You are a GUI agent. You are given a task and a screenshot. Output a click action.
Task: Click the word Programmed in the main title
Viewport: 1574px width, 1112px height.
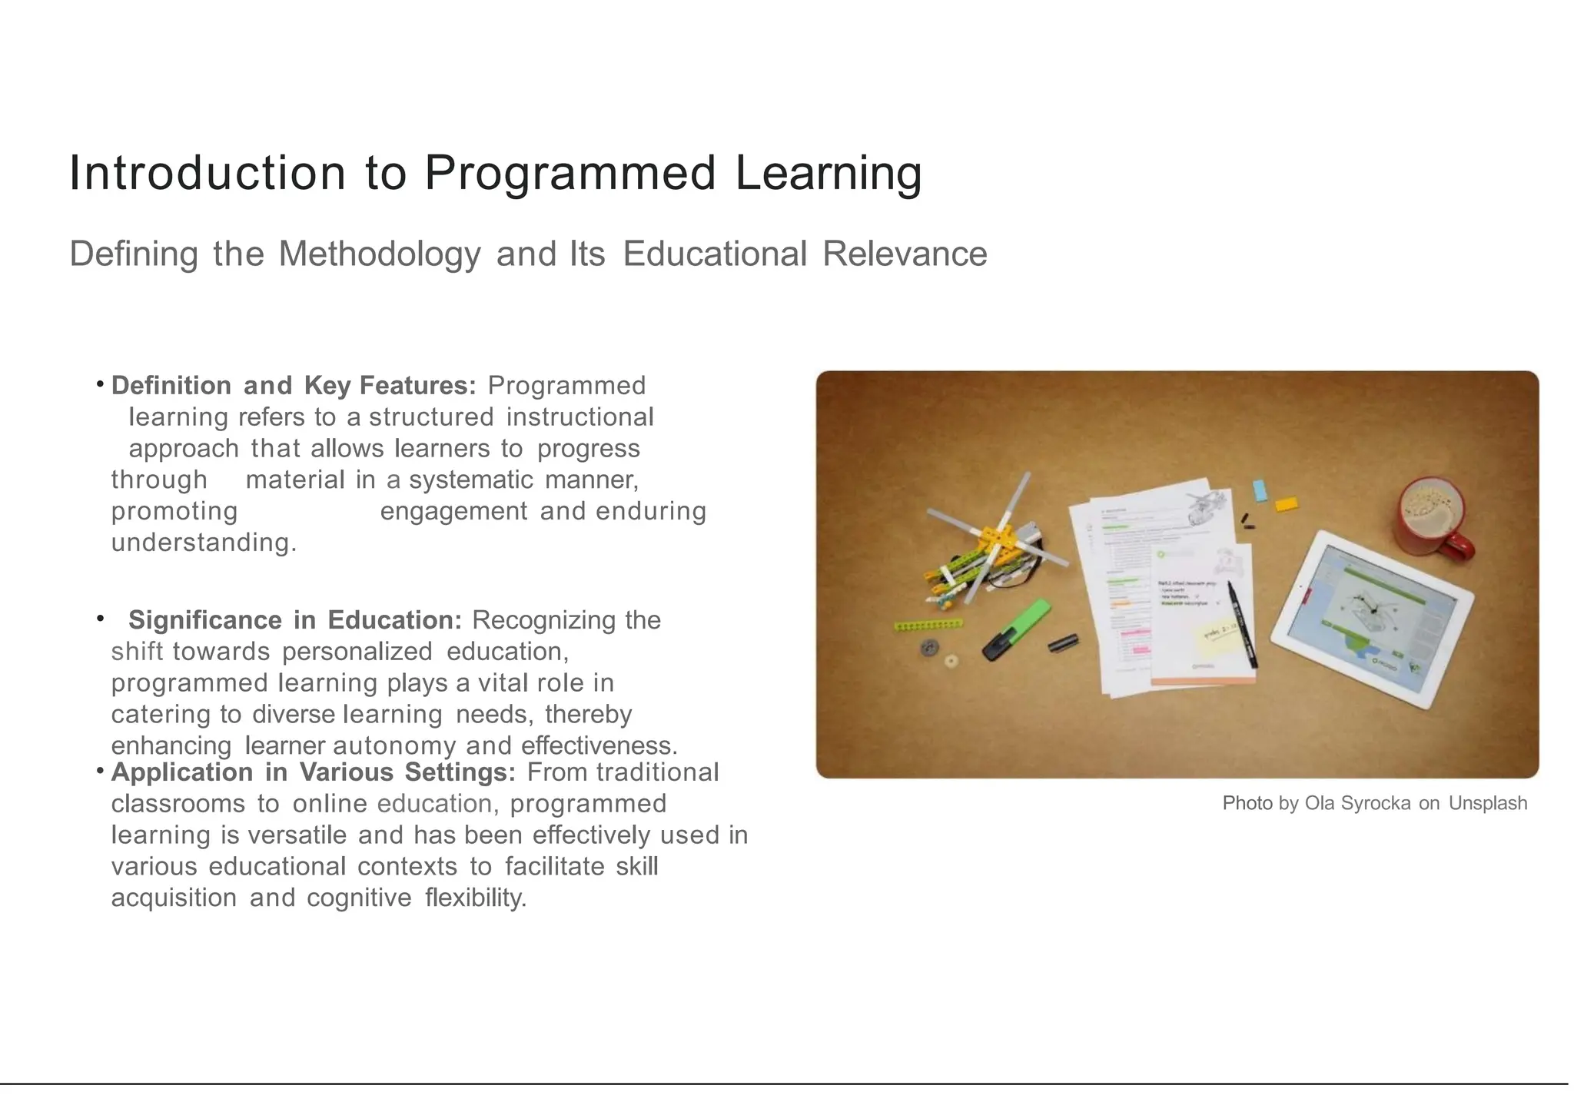[569, 173]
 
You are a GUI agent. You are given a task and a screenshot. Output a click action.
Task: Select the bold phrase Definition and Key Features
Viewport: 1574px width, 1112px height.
[294, 386]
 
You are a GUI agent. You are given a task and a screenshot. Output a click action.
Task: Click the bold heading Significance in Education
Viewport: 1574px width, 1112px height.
[294, 620]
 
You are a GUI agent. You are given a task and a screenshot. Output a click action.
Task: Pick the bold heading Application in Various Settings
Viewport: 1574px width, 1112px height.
[314, 772]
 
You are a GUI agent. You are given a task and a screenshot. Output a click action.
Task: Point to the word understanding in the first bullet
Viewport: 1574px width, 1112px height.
[203, 543]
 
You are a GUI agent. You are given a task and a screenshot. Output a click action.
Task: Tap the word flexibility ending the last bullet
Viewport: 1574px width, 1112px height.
[475, 898]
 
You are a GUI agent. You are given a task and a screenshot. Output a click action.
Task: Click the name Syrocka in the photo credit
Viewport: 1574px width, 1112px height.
[1375, 803]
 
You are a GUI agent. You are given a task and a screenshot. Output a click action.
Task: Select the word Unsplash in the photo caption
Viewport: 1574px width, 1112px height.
[1487, 803]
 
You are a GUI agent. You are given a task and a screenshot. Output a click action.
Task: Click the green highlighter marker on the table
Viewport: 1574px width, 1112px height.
[1016, 631]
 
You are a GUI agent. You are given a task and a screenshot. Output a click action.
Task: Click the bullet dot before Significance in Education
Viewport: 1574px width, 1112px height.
[100, 618]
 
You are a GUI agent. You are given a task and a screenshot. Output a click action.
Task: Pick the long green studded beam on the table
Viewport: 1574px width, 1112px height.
[928, 626]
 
